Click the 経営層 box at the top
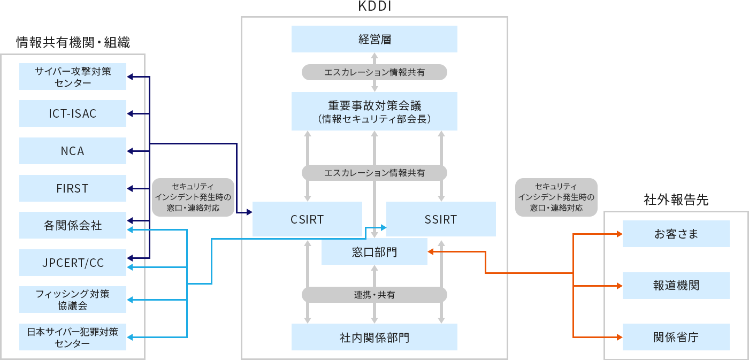pyautogui.click(x=374, y=39)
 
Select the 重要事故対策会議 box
pyautogui.click(x=374, y=111)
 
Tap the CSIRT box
pyautogui.click(x=307, y=219)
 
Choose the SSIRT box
pyautogui.click(x=441, y=219)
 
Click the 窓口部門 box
pyautogui.click(x=374, y=252)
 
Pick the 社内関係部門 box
pyautogui.click(x=374, y=338)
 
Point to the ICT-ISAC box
pyautogui.click(x=73, y=113)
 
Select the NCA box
pyautogui.click(x=73, y=151)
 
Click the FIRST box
pyautogui.click(x=73, y=188)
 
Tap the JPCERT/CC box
pyautogui.click(x=73, y=263)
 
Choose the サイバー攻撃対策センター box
pyautogui.click(x=73, y=76)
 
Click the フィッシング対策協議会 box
pyautogui.click(x=73, y=300)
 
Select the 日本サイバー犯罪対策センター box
pyautogui.click(x=73, y=337)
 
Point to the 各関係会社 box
pyautogui.click(x=73, y=225)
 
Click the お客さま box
pyautogui.click(x=676, y=234)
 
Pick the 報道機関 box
pyautogui.click(x=676, y=286)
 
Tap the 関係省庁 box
pyautogui.click(x=676, y=337)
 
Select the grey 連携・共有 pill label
pyautogui.click(x=374, y=295)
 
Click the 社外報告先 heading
pyautogui.click(x=676, y=200)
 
